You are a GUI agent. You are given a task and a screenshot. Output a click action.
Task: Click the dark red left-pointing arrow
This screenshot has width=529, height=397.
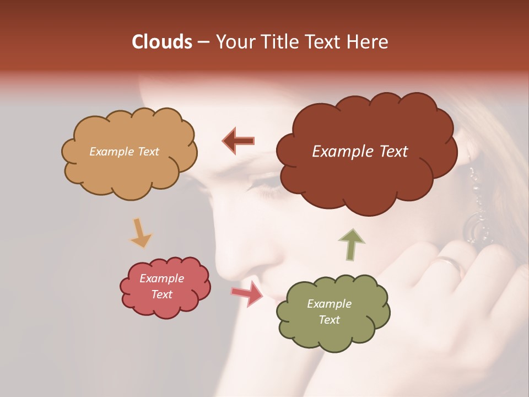point(239,141)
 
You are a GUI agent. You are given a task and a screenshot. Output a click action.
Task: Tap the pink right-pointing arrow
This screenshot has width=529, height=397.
point(247,293)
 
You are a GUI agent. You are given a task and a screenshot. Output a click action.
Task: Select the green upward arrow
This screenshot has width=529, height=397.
point(351,244)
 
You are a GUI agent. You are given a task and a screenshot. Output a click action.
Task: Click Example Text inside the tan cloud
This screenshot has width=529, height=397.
point(124,152)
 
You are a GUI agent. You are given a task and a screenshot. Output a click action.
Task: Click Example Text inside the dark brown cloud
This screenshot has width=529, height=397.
point(360,152)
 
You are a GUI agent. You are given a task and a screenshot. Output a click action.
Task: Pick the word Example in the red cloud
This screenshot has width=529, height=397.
point(161,278)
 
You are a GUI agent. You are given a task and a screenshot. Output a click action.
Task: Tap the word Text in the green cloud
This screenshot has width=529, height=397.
point(329,320)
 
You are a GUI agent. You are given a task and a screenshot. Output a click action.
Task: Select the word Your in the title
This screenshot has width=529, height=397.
point(234,42)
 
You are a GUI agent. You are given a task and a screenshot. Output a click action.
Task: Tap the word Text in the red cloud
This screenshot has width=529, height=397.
point(161,294)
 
